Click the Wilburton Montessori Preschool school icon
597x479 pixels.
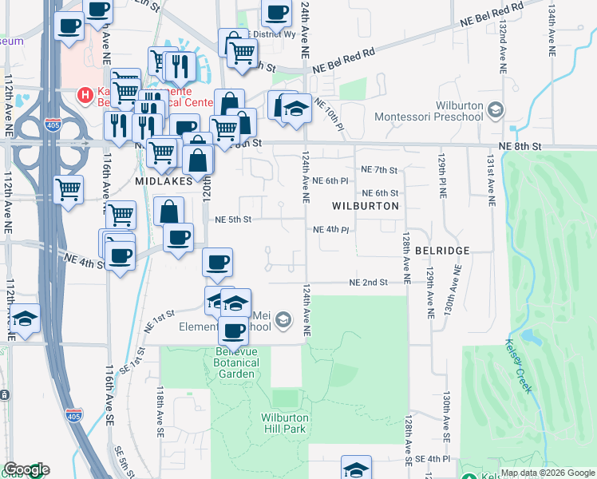(496, 109)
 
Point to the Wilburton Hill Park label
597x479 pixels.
(283, 422)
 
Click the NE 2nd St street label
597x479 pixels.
(368, 283)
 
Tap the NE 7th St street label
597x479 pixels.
(379, 170)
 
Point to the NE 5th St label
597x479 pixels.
(233, 220)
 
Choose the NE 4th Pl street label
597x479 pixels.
(331, 230)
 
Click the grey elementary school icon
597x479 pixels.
(282, 321)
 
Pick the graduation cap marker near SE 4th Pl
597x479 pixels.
(356, 467)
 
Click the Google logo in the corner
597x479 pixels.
(26, 470)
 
